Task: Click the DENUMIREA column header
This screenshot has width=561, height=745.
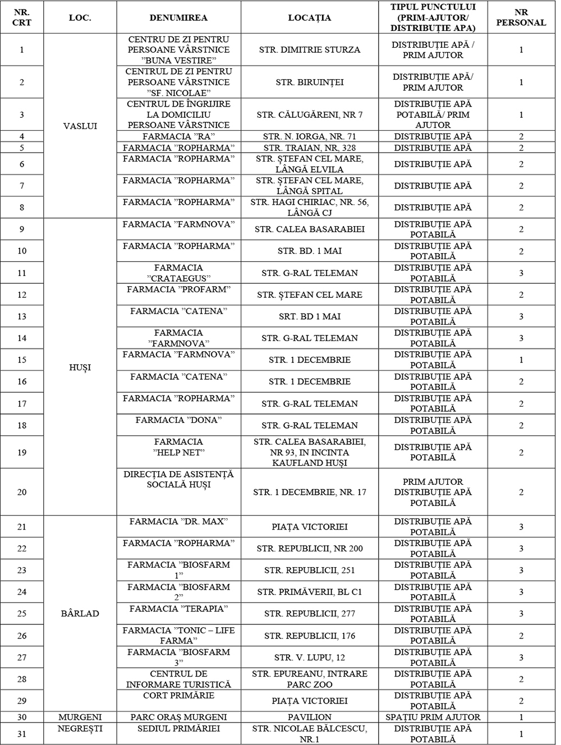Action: (178, 17)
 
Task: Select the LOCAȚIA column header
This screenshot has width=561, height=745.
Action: (309, 17)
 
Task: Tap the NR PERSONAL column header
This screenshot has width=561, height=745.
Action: (521, 17)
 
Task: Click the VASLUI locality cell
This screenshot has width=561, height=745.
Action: (80, 126)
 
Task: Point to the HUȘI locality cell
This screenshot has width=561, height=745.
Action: (80, 367)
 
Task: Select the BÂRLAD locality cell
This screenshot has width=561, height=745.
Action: (80, 613)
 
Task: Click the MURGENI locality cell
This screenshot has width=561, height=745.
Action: (80, 716)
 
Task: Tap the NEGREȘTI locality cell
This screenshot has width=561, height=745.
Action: (80, 728)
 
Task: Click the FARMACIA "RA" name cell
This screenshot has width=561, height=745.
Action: (178, 136)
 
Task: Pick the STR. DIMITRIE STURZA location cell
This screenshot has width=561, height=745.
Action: (309, 50)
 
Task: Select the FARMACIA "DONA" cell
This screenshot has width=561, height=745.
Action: (178, 420)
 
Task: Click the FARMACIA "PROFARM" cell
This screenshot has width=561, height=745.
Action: (178, 289)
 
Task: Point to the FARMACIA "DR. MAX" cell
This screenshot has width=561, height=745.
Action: (178, 522)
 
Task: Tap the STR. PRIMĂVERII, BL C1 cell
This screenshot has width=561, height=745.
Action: (309, 592)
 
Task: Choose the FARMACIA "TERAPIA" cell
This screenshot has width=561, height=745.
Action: (178, 609)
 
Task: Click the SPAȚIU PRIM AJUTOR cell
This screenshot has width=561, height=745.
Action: (432, 716)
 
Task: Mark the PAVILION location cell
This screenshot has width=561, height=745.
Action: (309, 716)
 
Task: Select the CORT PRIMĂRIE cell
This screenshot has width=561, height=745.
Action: (178, 696)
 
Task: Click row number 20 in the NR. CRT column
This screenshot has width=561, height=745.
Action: (22, 492)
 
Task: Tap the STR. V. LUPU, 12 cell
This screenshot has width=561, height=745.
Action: (309, 657)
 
